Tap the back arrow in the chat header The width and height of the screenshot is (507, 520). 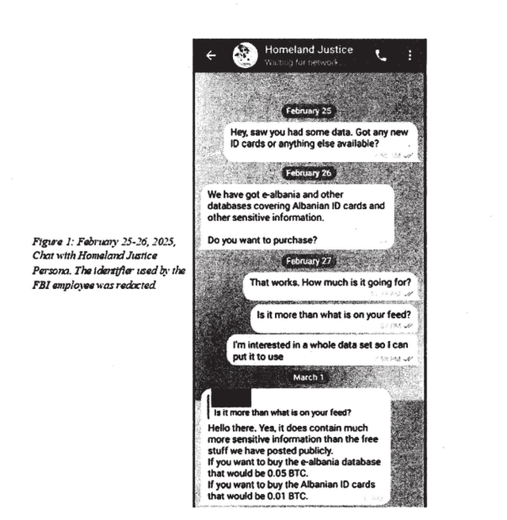tap(211, 55)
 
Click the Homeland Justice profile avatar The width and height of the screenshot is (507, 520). tap(245, 55)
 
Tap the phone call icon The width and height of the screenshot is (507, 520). tap(381, 55)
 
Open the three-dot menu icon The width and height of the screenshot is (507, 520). tap(410, 55)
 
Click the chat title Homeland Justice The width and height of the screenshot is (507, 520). tap(309, 49)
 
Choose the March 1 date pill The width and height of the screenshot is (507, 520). tap(309, 378)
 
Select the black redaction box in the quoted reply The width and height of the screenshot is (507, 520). tap(229, 395)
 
